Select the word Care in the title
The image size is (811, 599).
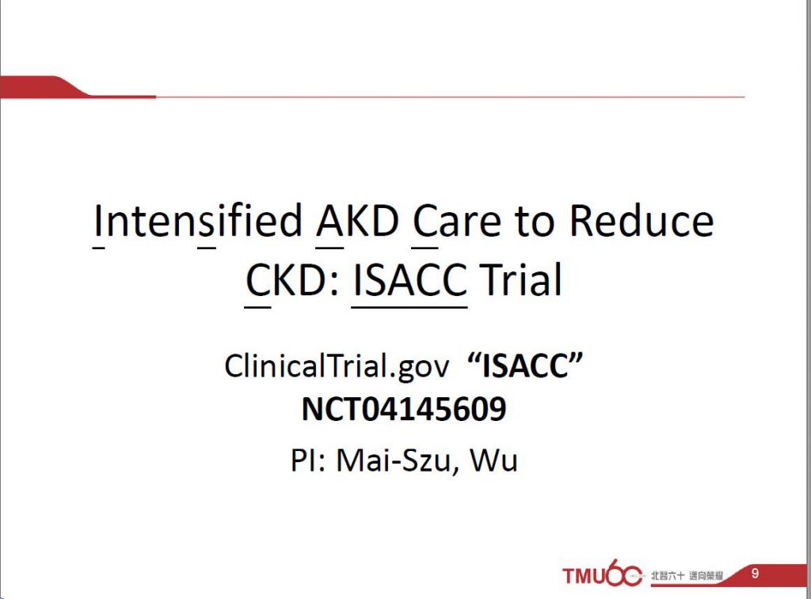click(x=457, y=221)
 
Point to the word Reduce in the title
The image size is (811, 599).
click(x=642, y=221)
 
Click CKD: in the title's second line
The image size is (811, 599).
click(x=292, y=279)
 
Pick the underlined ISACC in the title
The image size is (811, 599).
click(x=409, y=279)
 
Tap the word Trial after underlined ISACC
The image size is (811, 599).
click(x=521, y=279)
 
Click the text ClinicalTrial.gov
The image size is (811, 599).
click(x=337, y=366)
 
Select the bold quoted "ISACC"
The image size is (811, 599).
click(x=525, y=365)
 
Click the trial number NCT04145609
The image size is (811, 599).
click(x=404, y=409)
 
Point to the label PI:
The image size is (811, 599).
click(x=308, y=460)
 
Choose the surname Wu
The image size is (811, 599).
click(x=493, y=460)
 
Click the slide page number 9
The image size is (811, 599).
click(x=755, y=573)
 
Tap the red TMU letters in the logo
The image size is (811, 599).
click(x=584, y=576)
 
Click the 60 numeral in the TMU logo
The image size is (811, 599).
click(x=623, y=573)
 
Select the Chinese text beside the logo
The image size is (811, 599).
click(x=687, y=575)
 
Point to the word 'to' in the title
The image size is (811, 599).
click(x=535, y=222)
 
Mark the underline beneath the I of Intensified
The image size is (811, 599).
click(x=99, y=248)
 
